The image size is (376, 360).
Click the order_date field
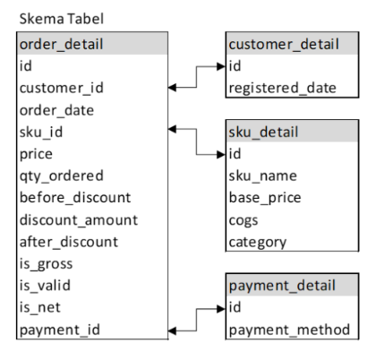56,109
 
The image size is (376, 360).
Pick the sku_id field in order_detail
41,132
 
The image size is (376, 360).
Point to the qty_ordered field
61,176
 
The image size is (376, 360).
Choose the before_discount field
74,197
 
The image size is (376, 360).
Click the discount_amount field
77,219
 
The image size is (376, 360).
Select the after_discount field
68,242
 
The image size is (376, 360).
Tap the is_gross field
46,263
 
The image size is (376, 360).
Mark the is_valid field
45,286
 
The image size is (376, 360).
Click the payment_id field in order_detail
58,330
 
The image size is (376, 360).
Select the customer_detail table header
284,44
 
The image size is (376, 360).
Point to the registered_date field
282,88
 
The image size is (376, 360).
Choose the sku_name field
262,176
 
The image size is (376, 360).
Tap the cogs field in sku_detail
244,219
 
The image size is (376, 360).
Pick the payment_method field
289,330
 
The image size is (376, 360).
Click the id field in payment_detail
235,308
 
